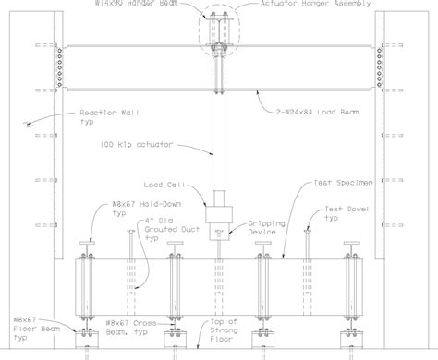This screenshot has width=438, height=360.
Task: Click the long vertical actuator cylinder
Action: coord(219,120)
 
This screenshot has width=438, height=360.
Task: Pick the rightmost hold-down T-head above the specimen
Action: coord(353,244)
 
